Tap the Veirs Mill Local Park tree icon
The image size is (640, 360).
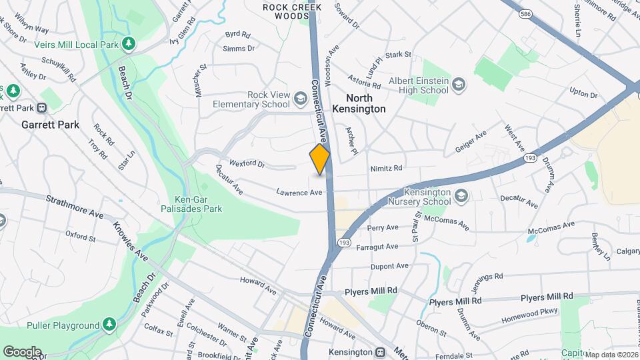point(129,45)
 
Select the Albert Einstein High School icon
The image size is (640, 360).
point(458,84)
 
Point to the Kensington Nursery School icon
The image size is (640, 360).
point(461,195)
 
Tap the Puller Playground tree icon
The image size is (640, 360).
point(110,325)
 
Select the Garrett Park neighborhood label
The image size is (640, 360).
point(50,125)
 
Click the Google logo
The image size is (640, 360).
point(22,351)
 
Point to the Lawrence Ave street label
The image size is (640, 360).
point(299,192)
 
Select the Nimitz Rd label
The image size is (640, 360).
point(387,169)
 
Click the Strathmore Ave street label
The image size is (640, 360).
point(75,207)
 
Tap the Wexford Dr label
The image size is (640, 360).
point(247,163)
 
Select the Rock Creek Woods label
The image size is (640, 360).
point(292,11)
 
